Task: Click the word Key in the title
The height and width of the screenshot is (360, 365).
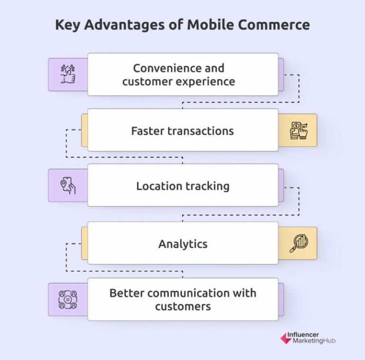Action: point(67,25)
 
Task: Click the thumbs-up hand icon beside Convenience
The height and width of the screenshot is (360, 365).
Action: point(68,75)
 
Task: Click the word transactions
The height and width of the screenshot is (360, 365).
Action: point(202,131)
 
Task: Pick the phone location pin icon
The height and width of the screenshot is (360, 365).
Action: point(68,185)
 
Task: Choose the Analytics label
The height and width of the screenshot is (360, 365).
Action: point(183,244)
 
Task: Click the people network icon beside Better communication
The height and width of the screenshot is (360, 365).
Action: point(68,299)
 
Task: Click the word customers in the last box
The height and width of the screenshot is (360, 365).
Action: point(183,306)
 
